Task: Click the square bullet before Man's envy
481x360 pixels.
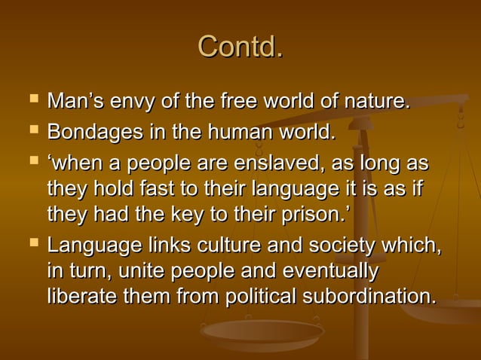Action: click(x=30, y=99)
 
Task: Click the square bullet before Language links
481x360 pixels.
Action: click(x=30, y=244)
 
